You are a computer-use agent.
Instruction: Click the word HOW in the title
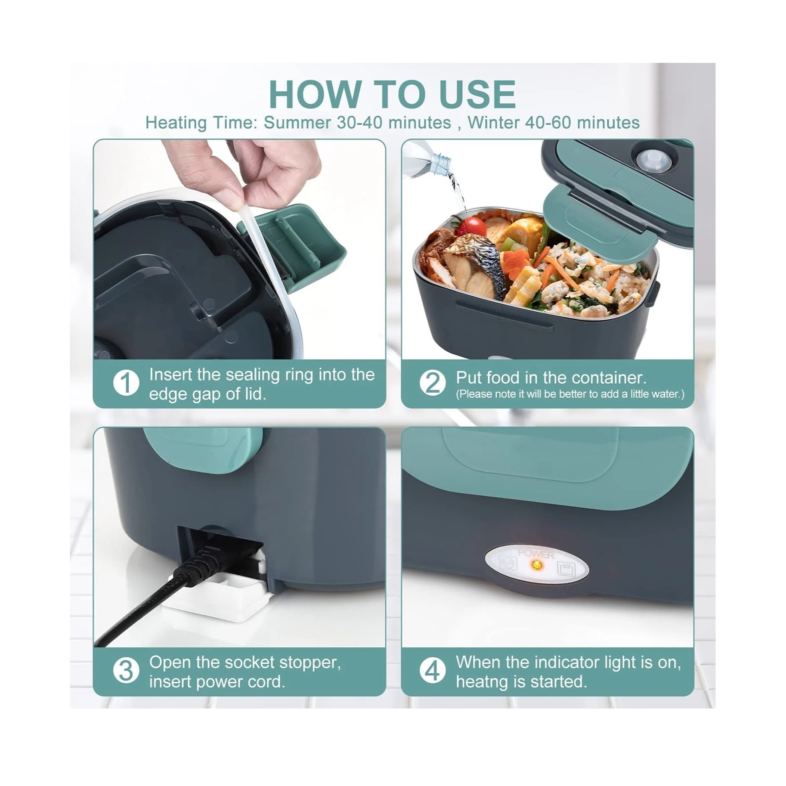click(315, 94)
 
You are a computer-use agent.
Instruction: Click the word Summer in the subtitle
click(297, 123)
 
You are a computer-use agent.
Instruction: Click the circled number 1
click(126, 383)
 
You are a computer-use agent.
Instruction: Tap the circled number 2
click(433, 383)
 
